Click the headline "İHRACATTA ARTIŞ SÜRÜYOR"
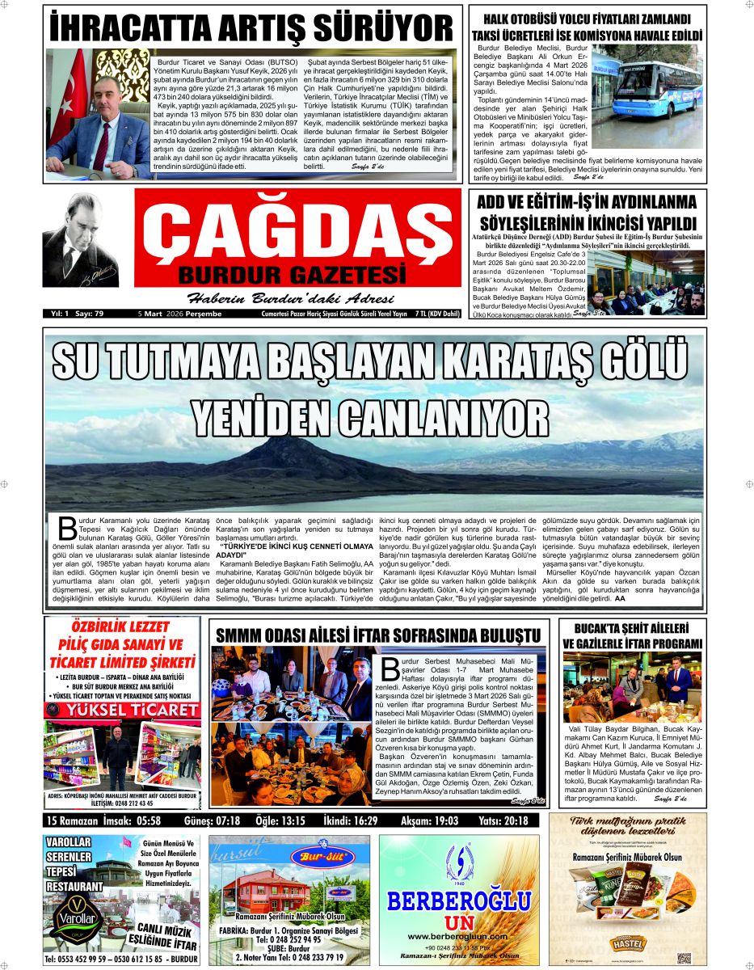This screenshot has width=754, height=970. (x=251, y=27)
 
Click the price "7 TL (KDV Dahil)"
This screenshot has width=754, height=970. (x=440, y=314)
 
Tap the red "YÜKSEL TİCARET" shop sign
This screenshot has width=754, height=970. (x=122, y=711)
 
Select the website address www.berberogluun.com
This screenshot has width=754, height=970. (x=457, y=936)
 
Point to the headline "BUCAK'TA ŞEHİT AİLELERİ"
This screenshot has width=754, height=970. (x=631, y=628)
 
